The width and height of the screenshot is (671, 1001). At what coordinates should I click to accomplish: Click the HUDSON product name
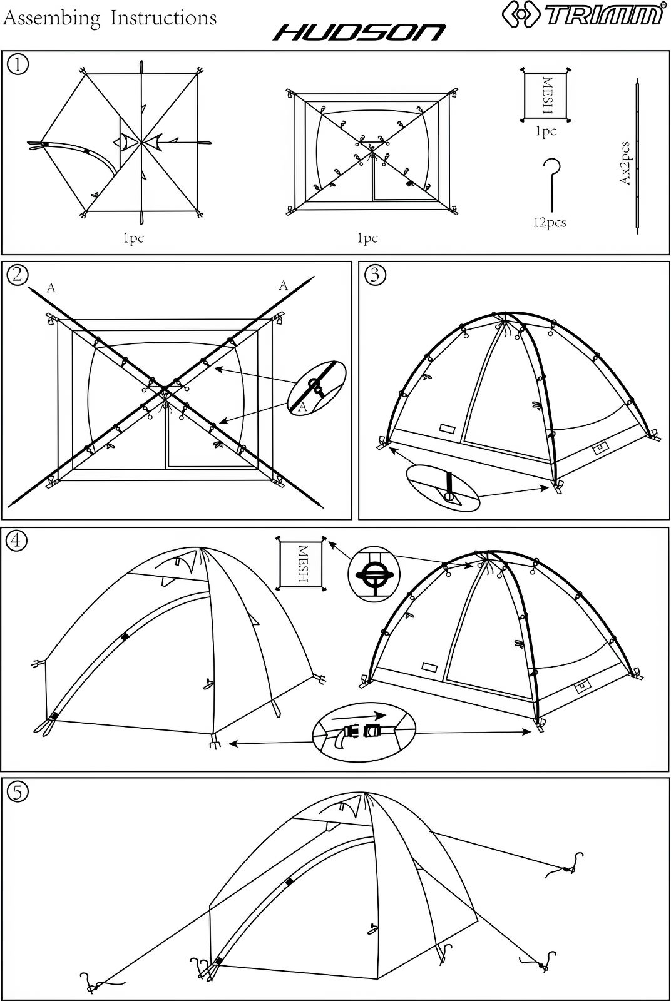359,33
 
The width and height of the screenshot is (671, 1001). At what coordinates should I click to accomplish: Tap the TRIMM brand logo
583,14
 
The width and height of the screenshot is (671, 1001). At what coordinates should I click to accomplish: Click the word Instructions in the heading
163,18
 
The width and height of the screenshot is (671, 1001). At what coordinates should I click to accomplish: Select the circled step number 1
18,65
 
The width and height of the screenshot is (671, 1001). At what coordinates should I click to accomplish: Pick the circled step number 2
18,275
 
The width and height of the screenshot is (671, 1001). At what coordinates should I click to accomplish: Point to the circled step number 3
375,275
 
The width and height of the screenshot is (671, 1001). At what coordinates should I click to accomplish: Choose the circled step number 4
16,541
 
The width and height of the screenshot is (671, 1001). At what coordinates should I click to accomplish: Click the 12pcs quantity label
550,222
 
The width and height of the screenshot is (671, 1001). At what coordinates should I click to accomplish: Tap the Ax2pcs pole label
625,163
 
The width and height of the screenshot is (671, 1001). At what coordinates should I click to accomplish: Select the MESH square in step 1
546,94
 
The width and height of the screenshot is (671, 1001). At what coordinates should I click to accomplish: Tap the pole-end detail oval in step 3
443,488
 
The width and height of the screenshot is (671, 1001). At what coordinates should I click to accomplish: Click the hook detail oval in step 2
317,389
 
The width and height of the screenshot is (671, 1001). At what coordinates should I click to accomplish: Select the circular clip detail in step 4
374,574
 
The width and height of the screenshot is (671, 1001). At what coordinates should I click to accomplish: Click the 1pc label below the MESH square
546,131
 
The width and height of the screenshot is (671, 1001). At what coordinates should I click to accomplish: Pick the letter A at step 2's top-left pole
51,288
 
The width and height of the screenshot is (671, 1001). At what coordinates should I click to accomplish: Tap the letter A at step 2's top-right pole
284,285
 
